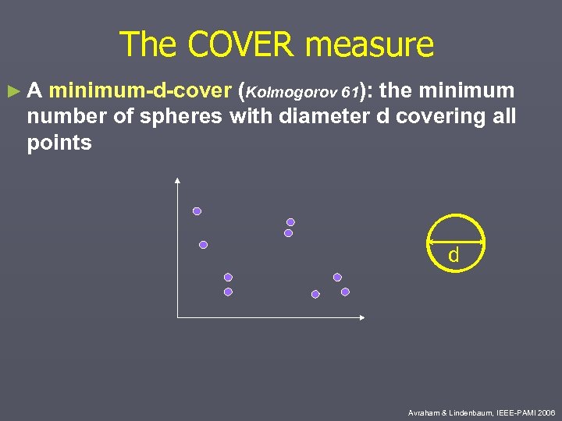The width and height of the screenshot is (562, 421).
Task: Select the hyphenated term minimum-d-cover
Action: coord(139,91)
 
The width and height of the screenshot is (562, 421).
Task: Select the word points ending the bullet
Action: coord(59,143)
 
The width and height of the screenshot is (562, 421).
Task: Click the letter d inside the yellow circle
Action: coord(453,255)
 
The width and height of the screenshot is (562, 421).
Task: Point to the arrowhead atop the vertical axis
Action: coord(178,182)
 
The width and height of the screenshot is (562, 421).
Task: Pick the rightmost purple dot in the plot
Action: coord(345,292)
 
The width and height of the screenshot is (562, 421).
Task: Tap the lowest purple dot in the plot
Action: coord(315,294)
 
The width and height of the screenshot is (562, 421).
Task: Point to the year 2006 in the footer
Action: coord(546,412)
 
